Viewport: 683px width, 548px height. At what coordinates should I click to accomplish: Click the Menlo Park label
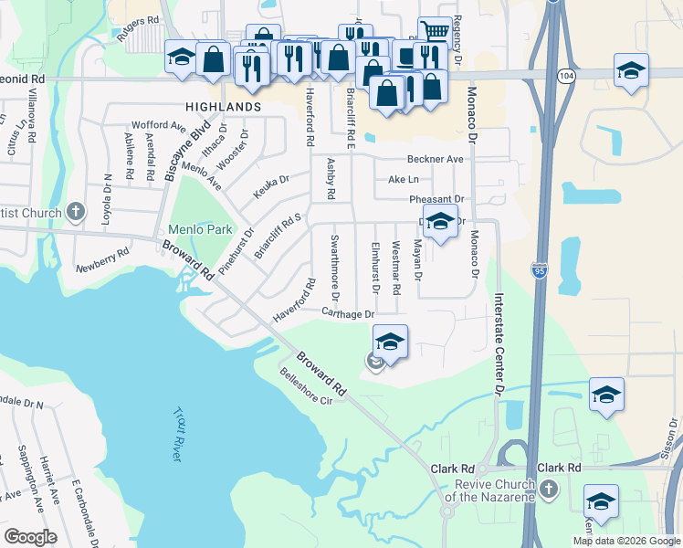point(199,229)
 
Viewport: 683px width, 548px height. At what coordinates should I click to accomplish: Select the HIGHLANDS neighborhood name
point(223,107)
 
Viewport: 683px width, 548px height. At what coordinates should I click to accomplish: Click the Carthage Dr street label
point(348,313)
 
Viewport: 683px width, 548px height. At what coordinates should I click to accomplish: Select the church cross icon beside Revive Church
point(549,490)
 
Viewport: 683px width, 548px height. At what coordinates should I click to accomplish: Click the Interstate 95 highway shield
point(538,270)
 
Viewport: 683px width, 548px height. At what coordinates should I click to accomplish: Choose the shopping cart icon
point(436,31)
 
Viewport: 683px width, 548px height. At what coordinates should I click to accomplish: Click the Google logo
point(30,537)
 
